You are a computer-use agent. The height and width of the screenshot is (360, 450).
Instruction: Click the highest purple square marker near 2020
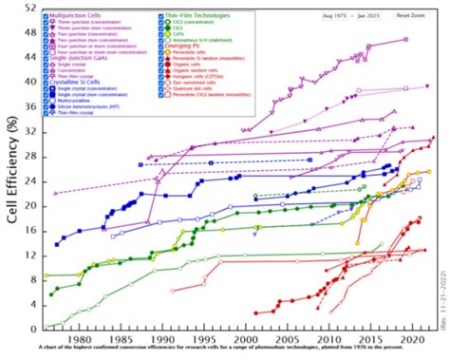pos(405,40)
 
